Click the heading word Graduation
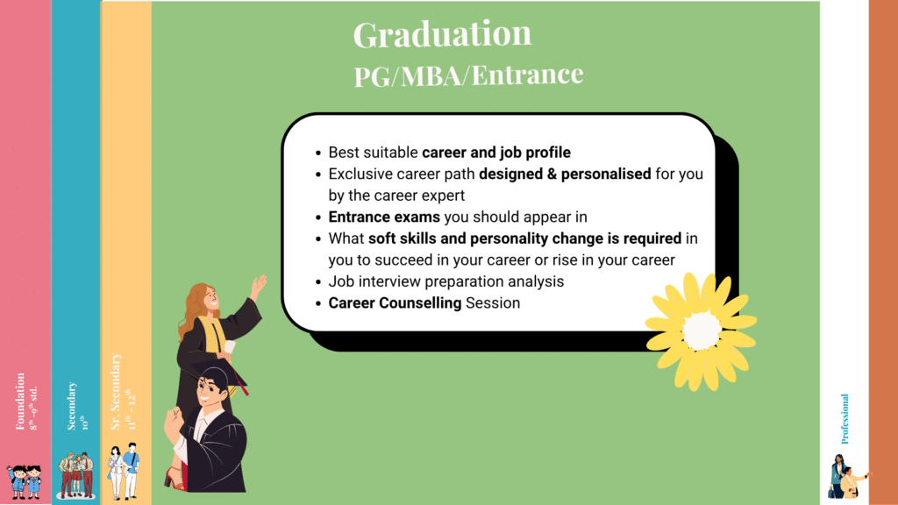click(442, 34)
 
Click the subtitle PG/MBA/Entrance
click(468, 75)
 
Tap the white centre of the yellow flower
click(702, 331)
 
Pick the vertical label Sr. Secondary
click(116, 393)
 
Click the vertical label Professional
click(845, 418)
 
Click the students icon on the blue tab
click(75, 474)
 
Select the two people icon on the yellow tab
click(124, 473)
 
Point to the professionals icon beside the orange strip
click(847, 476)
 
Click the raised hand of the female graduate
click(259, 285)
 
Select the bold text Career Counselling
click(395, 303)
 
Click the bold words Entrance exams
click(383, 217)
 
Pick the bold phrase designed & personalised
click(565, 174)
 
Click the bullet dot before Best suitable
click(317, 153)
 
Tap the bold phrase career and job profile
click(496, 153)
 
